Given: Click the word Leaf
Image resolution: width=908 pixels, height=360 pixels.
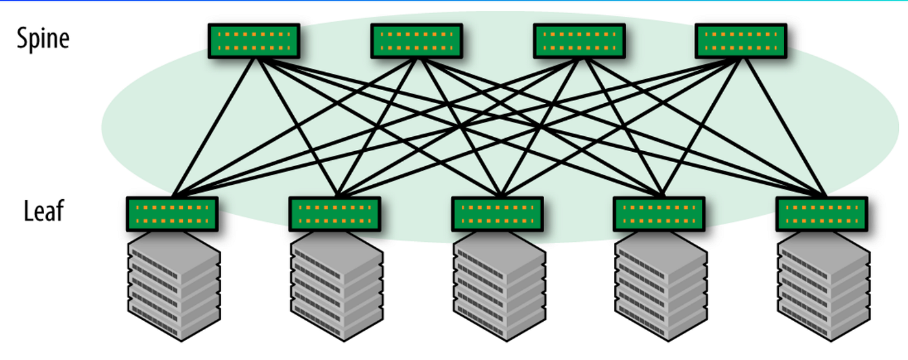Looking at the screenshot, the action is coord(44,211).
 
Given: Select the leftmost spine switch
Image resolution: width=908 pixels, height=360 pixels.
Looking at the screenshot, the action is coord(254,41).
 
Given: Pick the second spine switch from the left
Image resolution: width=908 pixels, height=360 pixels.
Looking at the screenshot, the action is coord(416,41).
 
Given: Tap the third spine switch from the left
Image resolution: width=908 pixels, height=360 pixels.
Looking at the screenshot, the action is coord(579,41).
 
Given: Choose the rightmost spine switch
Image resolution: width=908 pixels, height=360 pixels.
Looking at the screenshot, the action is coord(741,41).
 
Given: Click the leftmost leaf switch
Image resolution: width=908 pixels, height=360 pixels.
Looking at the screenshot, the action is coord(173,214).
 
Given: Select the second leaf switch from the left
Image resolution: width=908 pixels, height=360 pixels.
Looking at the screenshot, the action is coord(335,214).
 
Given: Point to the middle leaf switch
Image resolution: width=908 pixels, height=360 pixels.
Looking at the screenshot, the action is coord(497,214).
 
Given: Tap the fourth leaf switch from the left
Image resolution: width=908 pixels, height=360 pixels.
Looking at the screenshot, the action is coord(659,214).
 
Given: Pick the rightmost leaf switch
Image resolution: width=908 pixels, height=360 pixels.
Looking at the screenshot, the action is coord(822,214).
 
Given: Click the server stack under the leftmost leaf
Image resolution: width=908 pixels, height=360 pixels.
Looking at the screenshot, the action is coord(174,287).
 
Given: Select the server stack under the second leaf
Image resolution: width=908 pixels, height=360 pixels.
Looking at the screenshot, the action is coord(337,287).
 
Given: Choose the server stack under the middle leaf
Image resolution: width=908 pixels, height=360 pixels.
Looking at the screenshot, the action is coord(499,287).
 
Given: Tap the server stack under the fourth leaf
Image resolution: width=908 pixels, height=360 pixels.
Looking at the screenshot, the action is coord(661,287).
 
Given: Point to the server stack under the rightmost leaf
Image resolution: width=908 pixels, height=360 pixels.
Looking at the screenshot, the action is coord(824,287).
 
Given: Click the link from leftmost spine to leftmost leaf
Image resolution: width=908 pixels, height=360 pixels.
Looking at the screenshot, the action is coord(215,127).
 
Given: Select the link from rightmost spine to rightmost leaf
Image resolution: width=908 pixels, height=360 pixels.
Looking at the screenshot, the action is coord(785,127).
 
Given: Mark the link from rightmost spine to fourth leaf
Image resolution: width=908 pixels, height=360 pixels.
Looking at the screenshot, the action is coord(702,127).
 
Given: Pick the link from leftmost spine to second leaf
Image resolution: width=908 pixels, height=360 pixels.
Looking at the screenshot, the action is coord(297,127).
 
